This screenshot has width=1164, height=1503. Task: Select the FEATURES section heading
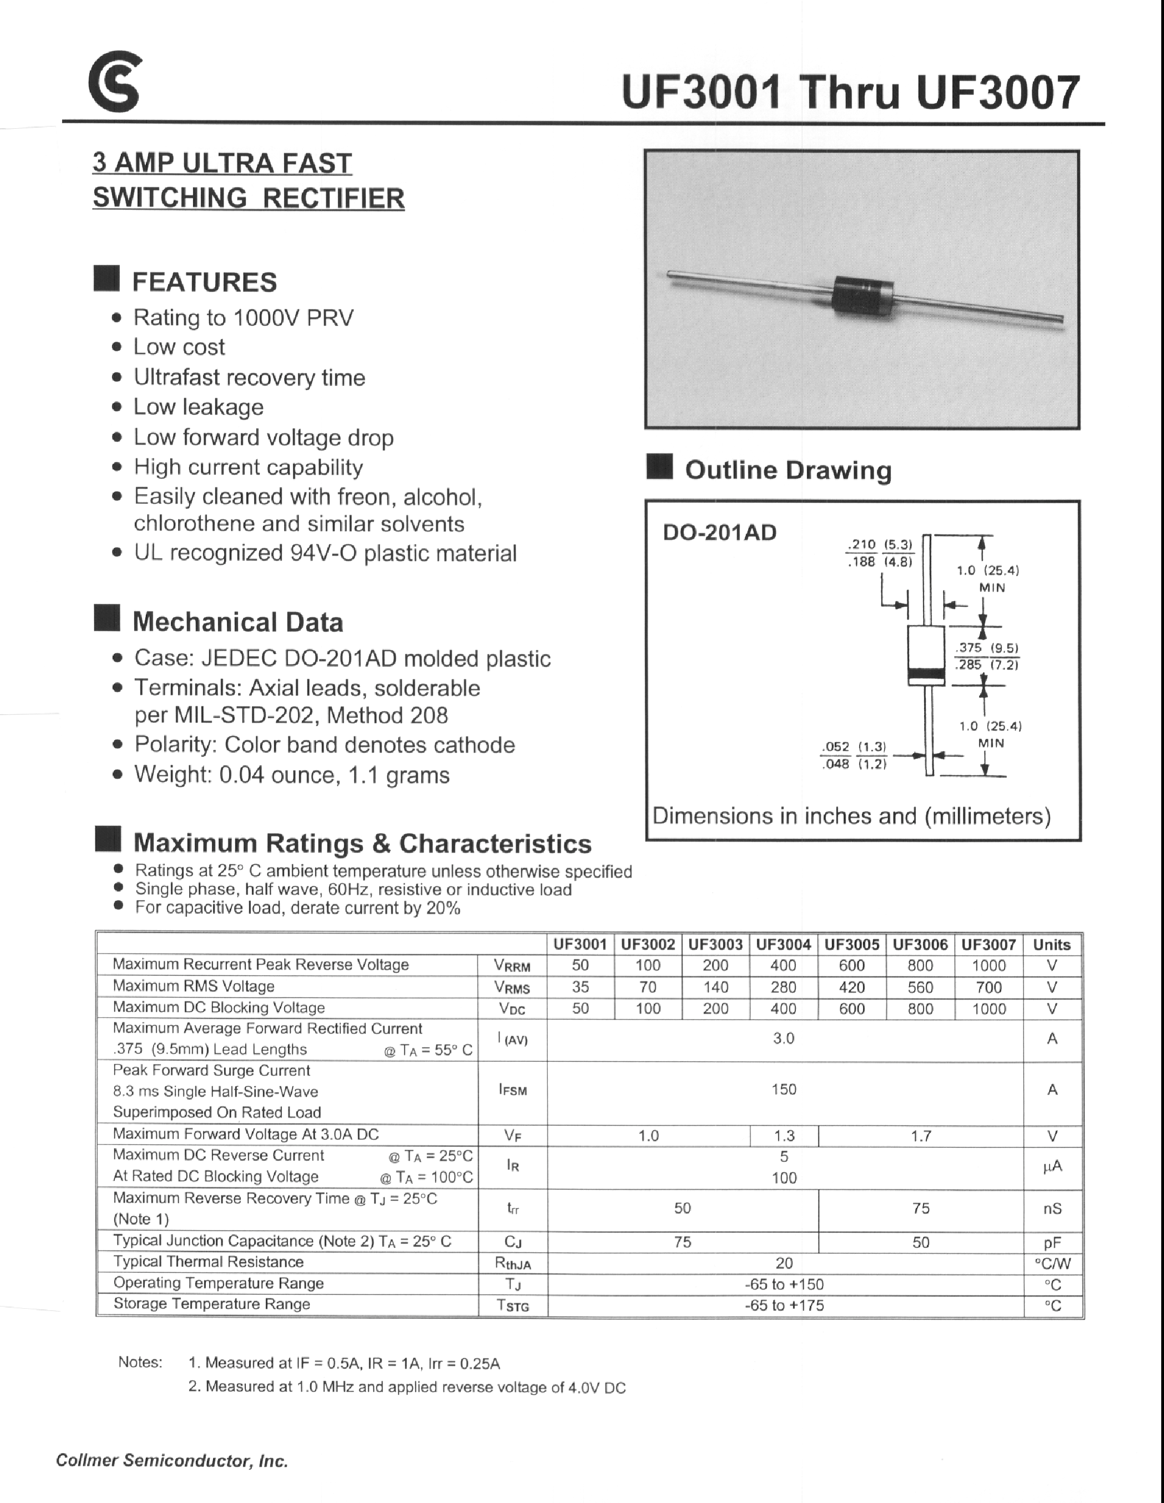pyautogui.click(x=204, y=282)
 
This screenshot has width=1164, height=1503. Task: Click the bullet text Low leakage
pyautogui.click(x=198, y=407)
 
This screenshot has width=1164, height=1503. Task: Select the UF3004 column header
pyautogui.click(x=783, y=945)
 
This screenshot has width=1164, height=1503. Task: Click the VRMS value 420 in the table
pyautogui.click(x=851, y=987)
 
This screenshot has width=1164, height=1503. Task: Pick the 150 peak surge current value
pyautogui.click(x=784, y=1090)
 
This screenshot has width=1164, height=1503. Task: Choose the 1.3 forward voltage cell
pyautogui.click(x=784, y=1136)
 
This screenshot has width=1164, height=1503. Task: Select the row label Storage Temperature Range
pyautogui.click(x=211, y=1304)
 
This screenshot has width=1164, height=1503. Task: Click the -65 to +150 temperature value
pyautogui.click(x=784, y=1284)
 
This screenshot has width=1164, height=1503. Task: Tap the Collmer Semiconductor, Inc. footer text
pyautogui.click(x=172, y=1461)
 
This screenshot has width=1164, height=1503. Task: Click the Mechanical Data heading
pyautogui.click(x=238, y=622)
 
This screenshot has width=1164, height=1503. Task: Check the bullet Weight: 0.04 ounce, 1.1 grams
pyautogui.click(x=292, y=775)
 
